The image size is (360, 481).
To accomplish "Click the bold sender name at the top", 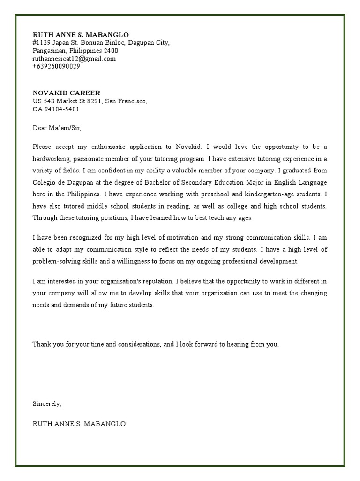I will [x=80, y=35].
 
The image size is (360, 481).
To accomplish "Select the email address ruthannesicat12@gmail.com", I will [x=74, y=59].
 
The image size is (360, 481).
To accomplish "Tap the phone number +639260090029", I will [x=56, y=66].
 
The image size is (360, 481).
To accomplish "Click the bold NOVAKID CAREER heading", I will [x=66, y=93].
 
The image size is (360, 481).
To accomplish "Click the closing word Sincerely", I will [x=47, y=403].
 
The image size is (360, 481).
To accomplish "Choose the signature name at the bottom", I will [x=79, y=424].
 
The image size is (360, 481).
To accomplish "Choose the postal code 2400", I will [x=111, y=51].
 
